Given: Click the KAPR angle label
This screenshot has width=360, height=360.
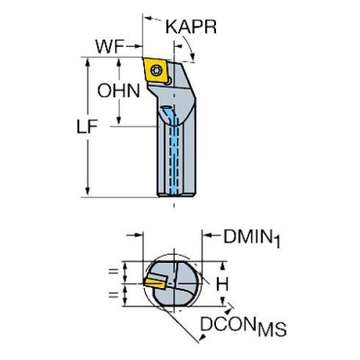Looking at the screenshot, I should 190,27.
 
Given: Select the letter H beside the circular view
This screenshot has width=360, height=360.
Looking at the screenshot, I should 222,282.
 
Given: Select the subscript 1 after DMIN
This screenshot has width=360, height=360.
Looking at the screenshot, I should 278,240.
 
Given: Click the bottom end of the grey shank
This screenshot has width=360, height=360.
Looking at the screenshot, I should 176,195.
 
